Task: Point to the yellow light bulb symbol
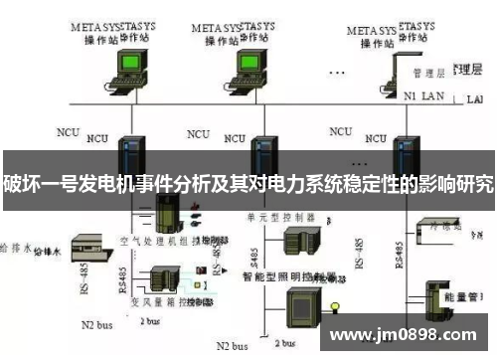point(336,303)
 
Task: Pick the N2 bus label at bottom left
point(94,324)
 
